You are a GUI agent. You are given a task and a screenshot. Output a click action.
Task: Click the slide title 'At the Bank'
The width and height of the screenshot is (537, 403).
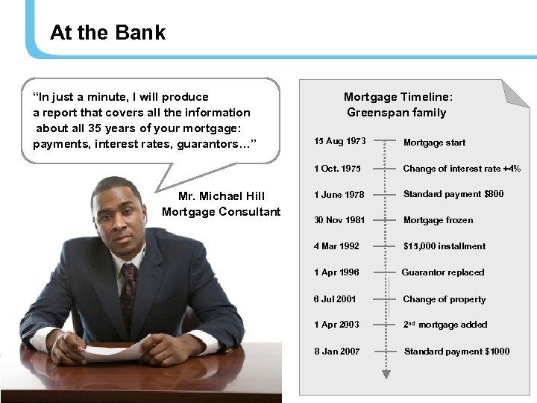coord(107,33)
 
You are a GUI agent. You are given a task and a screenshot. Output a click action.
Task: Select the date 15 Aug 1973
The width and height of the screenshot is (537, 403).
coord(339,141)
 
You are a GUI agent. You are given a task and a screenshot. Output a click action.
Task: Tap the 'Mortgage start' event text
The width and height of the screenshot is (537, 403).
coord(434,143)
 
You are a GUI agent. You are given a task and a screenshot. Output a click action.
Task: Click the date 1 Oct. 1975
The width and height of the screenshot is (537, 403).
coord(337,169)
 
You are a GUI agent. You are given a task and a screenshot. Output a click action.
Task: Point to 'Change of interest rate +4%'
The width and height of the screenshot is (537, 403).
coord(462,169)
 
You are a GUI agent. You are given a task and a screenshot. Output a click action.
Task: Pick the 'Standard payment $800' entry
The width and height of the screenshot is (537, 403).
coord(453,194)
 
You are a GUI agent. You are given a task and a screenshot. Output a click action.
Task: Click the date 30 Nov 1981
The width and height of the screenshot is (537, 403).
coord(339,220)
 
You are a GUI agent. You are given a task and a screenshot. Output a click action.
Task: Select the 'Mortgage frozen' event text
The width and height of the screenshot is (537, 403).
coord(438,220)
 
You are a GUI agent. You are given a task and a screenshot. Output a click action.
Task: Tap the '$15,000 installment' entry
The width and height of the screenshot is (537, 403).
coord(444,246)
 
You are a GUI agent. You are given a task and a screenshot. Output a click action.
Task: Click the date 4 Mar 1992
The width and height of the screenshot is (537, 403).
coord(336,246)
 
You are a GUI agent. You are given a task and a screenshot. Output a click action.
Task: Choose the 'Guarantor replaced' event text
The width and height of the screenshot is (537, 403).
coord(443,272)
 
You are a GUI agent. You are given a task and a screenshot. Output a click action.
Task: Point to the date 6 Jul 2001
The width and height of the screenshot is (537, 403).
coord(335,299)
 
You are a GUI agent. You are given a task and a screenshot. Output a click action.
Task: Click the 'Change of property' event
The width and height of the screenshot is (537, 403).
coord(444,299)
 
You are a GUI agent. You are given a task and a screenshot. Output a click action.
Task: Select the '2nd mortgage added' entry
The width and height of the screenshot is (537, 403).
coord(445,325)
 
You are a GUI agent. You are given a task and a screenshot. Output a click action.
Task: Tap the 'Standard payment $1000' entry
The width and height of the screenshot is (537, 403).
coord(456,352)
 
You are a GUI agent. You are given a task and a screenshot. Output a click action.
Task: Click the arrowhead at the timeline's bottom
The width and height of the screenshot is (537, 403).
coord(385,373)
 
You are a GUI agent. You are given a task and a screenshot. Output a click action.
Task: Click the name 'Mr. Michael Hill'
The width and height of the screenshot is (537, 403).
coord(222,196)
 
